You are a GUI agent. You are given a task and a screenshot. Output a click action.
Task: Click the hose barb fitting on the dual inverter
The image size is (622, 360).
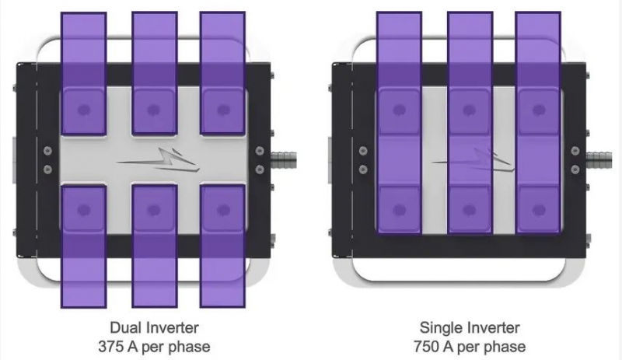(285, 160)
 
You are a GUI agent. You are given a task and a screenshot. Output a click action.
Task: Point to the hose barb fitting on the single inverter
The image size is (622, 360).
(600, 160)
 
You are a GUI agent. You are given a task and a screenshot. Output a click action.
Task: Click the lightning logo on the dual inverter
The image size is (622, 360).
(158, 159)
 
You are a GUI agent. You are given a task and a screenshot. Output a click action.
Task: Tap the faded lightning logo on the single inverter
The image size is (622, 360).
(473, 159)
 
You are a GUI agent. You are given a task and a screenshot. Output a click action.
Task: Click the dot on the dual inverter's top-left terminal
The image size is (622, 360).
(84, 110)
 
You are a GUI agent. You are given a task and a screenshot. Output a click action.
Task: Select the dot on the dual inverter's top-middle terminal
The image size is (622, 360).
(153, 110)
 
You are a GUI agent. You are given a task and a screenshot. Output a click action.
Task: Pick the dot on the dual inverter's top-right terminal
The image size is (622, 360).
(223, 110)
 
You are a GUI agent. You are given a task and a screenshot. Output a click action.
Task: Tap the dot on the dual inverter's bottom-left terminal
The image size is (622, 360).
(84, 209)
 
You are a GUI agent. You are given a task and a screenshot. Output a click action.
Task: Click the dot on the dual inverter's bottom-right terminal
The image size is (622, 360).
(223, 209)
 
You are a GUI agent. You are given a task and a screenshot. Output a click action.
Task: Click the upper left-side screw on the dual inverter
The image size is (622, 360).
(47, 151)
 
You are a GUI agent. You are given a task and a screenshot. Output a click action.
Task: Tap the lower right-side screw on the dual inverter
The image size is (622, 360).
(260, 170)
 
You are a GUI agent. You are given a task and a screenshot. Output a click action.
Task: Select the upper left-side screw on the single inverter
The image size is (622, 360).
(363, 151)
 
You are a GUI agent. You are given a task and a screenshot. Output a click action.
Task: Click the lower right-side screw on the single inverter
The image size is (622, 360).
(575, 170)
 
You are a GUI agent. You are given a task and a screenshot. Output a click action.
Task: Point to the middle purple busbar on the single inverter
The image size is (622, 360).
(470, 123)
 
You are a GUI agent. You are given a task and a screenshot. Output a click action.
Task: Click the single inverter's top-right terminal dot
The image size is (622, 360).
(538, 110)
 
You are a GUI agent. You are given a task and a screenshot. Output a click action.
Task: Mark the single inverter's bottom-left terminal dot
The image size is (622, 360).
(399, 209)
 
